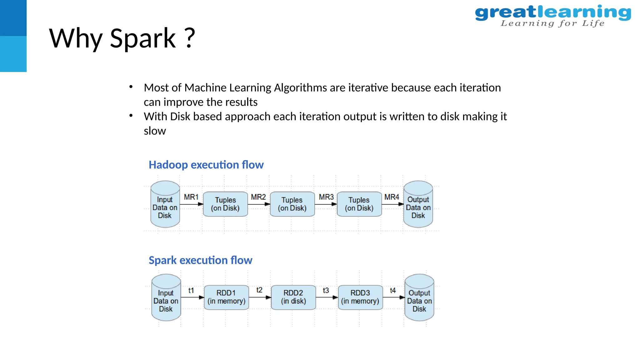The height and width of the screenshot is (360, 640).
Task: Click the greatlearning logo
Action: point(552,13)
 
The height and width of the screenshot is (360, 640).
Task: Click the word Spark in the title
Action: point(143,38)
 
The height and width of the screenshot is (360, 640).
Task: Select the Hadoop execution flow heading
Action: point(206,165)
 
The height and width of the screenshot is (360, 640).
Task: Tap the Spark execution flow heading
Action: point(200,260)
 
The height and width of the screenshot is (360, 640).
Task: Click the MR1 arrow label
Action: point(191,197)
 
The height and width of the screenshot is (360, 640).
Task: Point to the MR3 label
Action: point(326,197)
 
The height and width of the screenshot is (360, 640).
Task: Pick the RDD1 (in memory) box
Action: point(226,297)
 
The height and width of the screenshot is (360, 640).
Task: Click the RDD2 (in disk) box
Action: point(293,297)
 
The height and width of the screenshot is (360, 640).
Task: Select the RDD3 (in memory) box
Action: point(360,297)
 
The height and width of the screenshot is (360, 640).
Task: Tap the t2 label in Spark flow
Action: point(259,290)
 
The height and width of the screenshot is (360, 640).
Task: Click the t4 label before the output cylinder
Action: point(392,290)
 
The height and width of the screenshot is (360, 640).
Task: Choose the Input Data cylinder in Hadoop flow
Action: point(165,204)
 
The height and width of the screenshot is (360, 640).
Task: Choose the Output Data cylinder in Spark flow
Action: point(419,298)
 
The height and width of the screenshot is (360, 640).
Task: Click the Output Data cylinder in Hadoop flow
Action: point(418,204)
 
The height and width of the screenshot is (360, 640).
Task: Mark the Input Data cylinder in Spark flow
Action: point(166,298)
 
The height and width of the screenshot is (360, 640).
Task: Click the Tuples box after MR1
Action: point(225,204)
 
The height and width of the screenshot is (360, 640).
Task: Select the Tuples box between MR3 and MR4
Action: point(359,204)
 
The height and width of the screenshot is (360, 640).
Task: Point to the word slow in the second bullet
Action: point(155,131)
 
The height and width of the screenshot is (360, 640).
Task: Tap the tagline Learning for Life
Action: point(552,23)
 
